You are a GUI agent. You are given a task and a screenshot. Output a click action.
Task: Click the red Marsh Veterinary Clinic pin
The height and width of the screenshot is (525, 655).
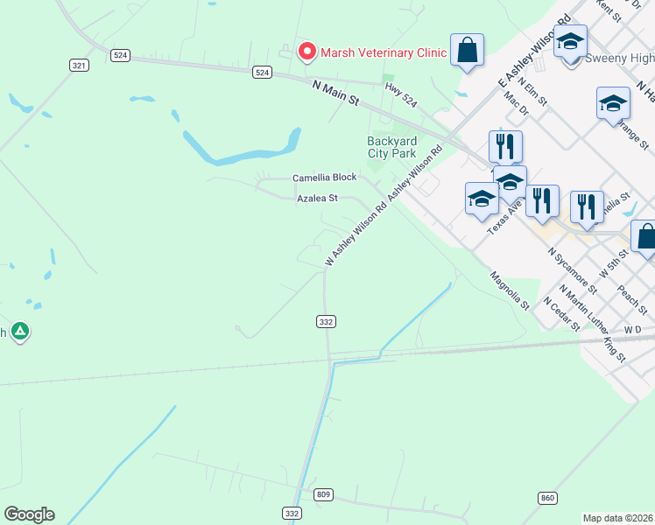click(x=306, y=52)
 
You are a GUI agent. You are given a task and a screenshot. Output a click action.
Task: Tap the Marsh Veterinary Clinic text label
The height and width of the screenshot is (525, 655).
click(x=384, y=52)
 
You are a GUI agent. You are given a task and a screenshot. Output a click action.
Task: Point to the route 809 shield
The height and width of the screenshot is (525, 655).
click(x=323, y=495)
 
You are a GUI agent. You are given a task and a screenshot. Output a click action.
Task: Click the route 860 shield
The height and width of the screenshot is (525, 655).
click(x=548, y=498)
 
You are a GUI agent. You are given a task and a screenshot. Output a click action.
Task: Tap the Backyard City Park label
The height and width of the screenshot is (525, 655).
click(x=391, y=147)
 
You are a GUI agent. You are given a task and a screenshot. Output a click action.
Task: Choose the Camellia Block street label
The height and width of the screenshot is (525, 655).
click(x=324, y=178)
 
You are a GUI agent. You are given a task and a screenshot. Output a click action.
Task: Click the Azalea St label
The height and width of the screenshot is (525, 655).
click(x=317, y=199)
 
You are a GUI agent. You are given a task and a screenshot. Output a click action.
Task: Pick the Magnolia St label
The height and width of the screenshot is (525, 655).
click(x=509, y=289)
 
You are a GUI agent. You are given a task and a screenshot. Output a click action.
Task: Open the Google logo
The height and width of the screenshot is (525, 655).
click(x=29, y=514)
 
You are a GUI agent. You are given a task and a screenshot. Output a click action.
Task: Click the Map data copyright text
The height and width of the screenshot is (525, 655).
click(x=618, y=518)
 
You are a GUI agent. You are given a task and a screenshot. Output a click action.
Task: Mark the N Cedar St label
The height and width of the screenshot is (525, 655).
click(x=562, y=312)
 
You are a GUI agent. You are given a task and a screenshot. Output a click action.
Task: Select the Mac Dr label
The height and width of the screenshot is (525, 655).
click(x=518, y=107)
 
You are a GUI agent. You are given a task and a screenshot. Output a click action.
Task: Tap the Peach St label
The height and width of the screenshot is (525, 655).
click(x=631, y=299)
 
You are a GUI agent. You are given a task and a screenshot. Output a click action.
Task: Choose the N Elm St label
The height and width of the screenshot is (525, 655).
click(x=532, y=91)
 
